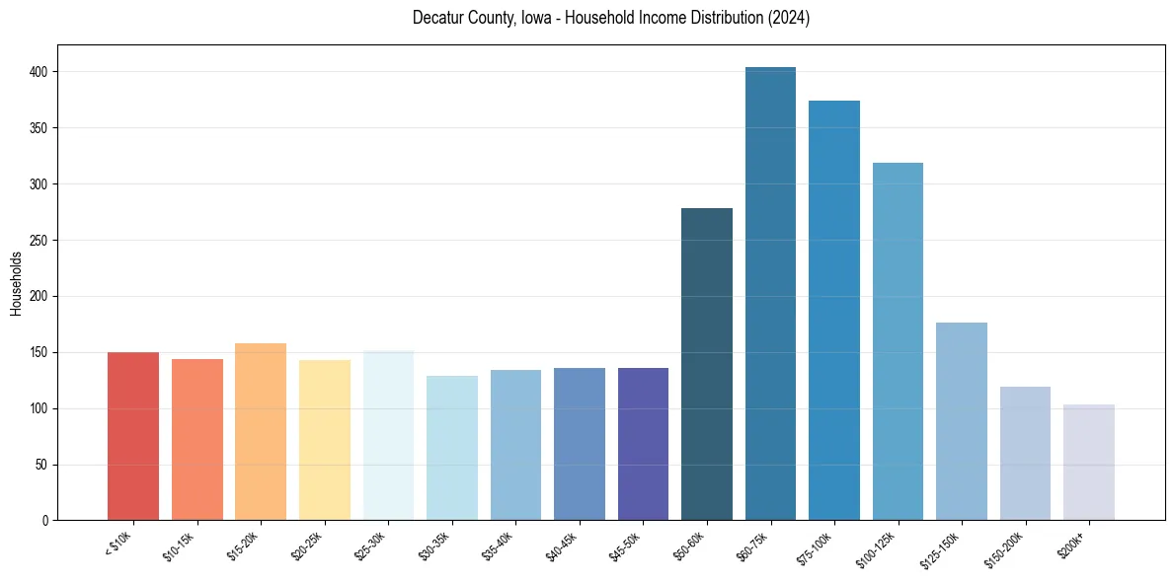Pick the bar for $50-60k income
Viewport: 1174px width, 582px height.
707,364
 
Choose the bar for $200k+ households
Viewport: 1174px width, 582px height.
1089,463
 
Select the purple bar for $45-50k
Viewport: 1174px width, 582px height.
643,444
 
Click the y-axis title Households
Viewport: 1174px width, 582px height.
16,283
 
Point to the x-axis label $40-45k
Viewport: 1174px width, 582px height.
564,546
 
